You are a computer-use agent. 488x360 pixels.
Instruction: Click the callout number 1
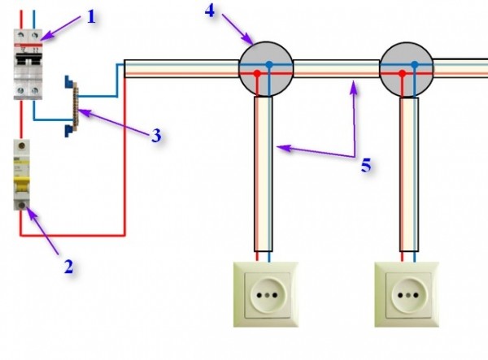coord(91,17)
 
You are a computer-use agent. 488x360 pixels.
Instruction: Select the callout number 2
coord(69,267)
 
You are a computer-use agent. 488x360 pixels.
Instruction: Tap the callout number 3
coord(156,136)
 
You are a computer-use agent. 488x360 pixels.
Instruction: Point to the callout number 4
coord(210,11)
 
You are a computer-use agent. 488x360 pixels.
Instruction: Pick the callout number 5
coord(366,165)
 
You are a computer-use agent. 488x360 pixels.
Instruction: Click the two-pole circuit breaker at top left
coord(28,64)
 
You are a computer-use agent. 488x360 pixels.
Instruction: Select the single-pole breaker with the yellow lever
coord(21,175)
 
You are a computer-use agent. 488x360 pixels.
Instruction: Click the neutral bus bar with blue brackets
coord(72,106)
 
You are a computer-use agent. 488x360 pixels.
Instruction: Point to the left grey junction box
coord(266,69)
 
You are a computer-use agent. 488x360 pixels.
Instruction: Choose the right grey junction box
coord(407,70)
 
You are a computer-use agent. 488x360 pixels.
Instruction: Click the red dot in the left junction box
coord(257,74)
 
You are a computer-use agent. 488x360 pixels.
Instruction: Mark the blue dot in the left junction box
coord(269,65)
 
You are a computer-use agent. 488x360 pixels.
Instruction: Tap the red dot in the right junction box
coord(403,74)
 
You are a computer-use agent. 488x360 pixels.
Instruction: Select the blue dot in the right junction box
coord(415,65)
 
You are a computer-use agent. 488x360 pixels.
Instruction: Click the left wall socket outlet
coord(266,294)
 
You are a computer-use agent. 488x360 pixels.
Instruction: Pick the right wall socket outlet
coord(407,294)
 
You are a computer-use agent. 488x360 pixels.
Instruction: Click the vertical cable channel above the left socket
coord(264,174)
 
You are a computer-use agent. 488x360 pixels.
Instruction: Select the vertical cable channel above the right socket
coord(409,175)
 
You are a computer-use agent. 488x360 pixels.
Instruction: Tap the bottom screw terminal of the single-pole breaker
coord(21,205)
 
